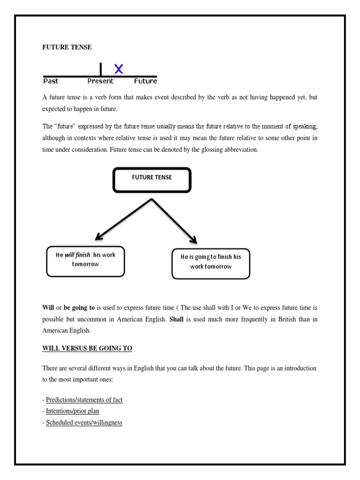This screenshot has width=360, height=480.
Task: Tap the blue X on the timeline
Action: (119, 69)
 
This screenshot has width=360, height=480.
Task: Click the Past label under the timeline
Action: (51, 81)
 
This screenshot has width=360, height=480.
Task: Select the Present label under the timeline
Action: (100, 81)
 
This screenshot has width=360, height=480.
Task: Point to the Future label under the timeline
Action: (145, 81)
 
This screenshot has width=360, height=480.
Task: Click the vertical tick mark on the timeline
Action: (101, 69)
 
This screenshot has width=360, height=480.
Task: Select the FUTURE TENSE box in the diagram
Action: (152, 180)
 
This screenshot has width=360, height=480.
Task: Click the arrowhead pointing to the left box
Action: (99, 237)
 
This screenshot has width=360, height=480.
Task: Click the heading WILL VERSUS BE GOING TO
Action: (87, 348)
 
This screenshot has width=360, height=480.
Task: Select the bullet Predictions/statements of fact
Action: (84, 400)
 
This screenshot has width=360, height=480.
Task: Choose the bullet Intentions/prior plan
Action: (72, 411)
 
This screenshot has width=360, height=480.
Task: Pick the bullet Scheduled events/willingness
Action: (84, 422)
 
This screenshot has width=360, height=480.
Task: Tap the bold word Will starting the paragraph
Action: (48, 308)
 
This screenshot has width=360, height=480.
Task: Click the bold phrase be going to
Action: (79, 308)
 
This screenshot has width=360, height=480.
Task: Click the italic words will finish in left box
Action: (77, 255)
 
